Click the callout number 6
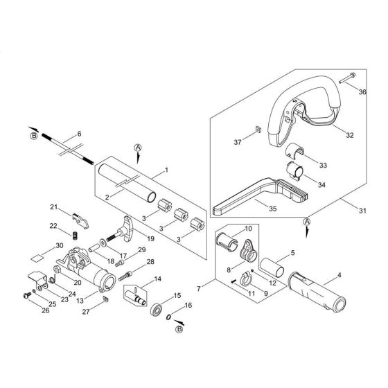80,133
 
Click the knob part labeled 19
125,227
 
